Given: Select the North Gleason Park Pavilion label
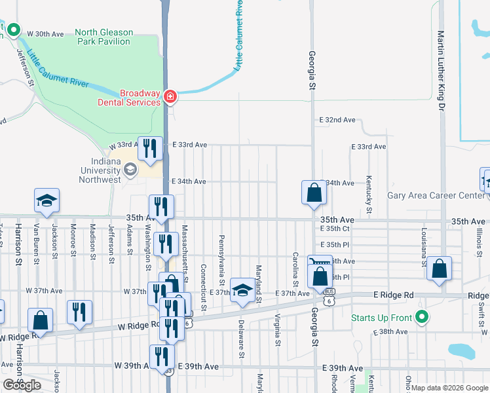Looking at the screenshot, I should [x=104, y=37].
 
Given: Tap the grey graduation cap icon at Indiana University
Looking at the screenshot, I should [x=130, y=170].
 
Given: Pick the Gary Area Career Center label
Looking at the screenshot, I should [x=436, y=195].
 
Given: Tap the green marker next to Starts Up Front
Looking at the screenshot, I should [x=423, y=318].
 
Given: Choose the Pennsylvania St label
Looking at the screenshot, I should [x=222, y=256].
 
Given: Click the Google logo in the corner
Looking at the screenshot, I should [x=22, y=385].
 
